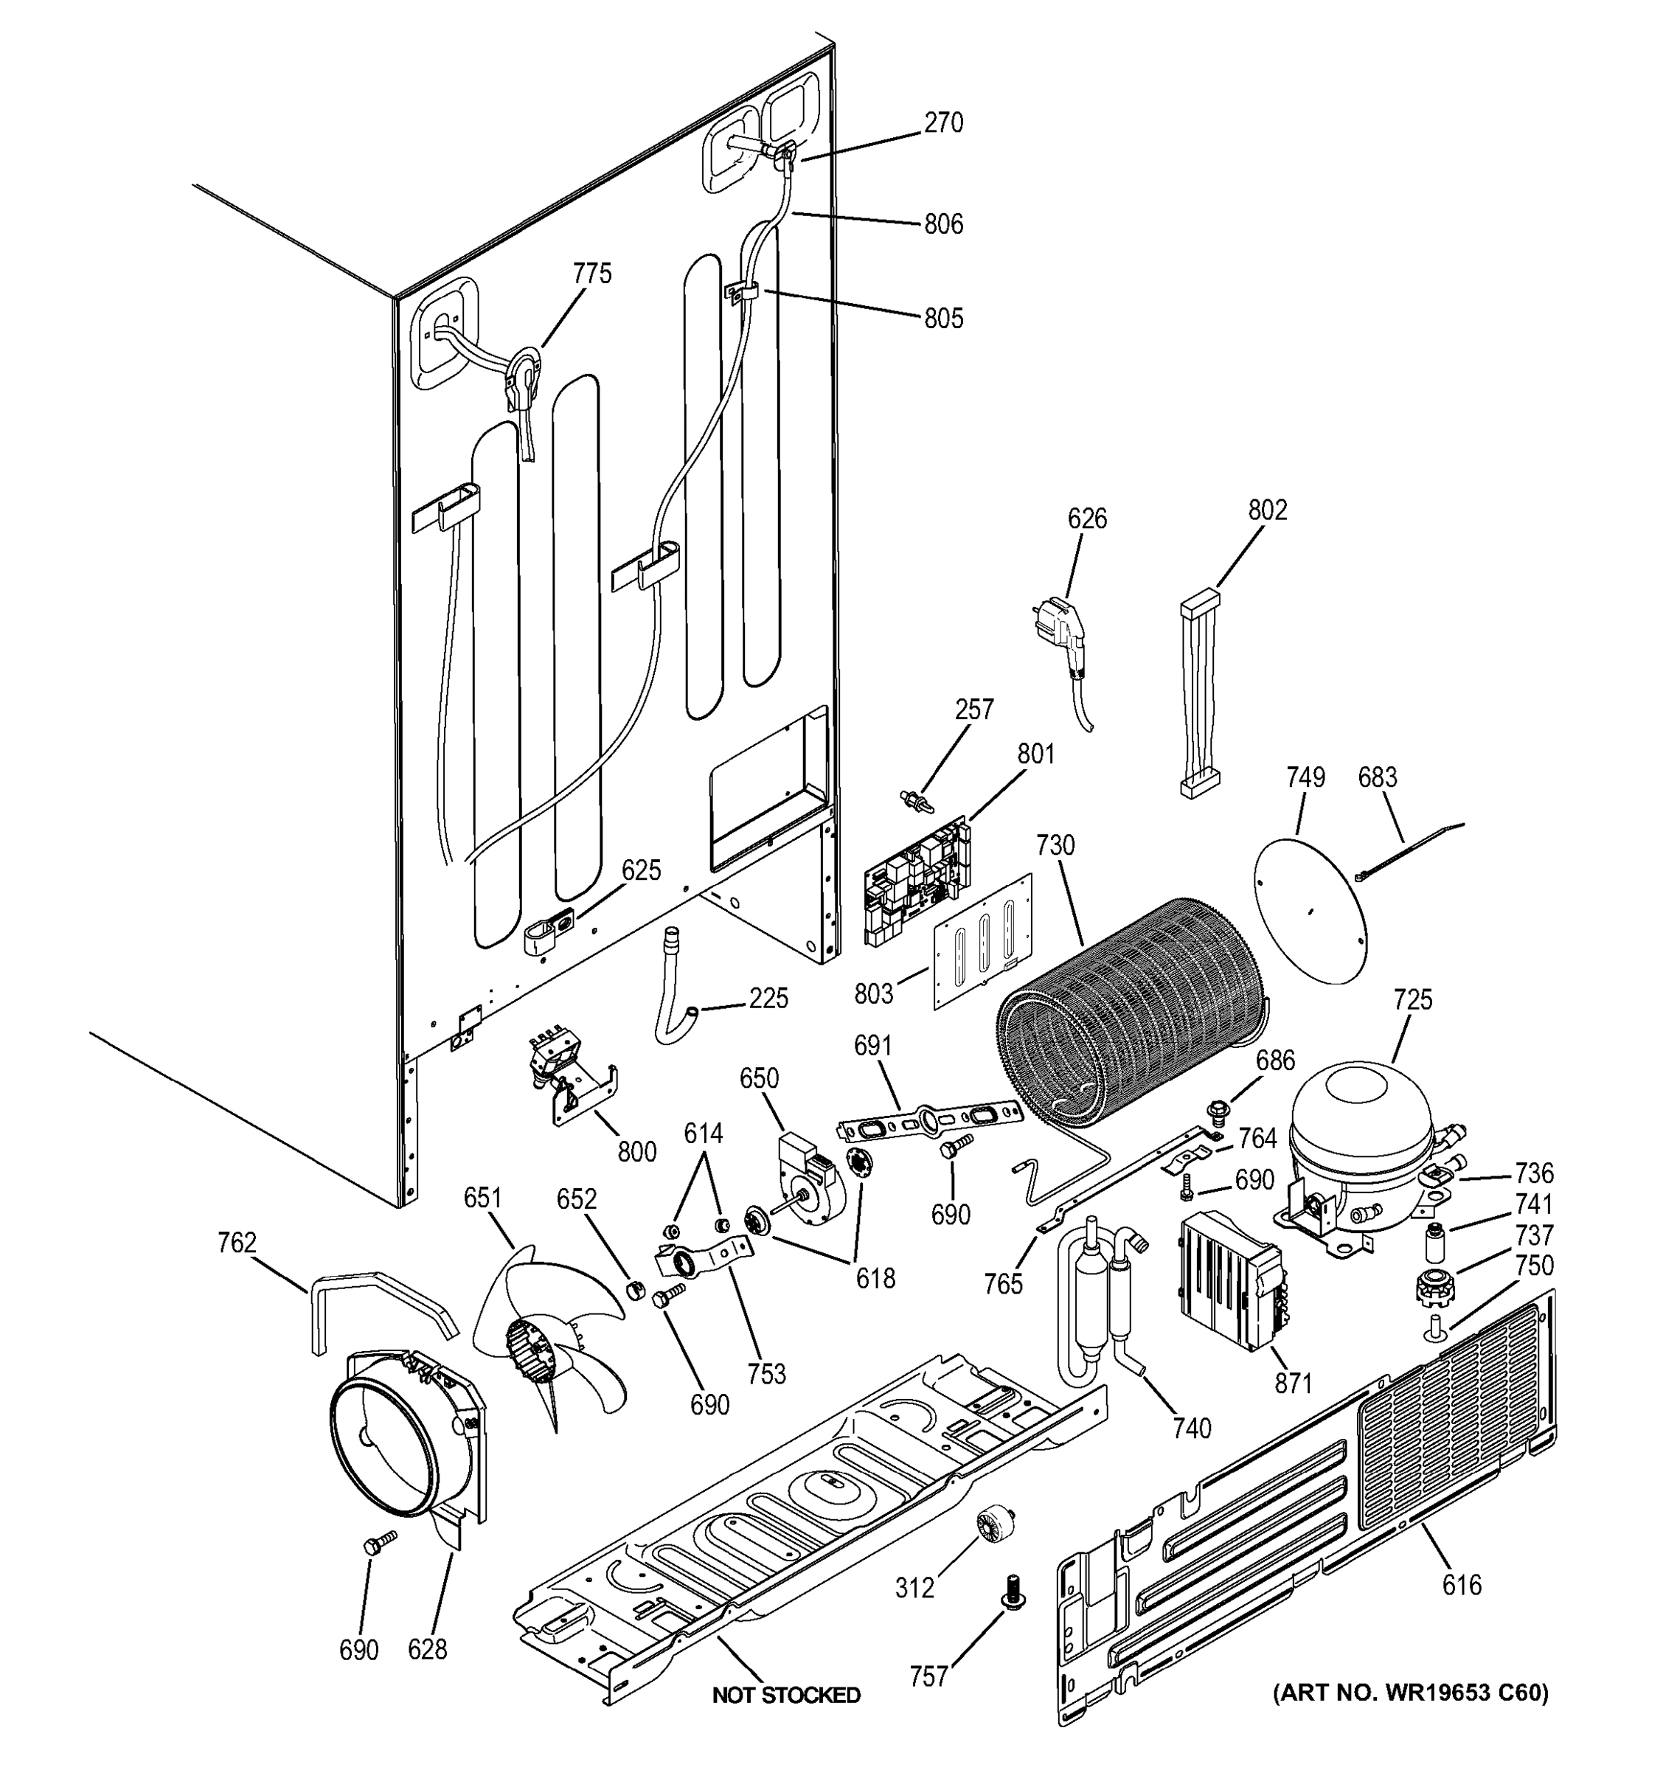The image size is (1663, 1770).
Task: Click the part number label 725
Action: pos(1412,999)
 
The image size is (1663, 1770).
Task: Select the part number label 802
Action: pos(1267,510)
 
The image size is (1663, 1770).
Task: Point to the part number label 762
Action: pos(236,1242)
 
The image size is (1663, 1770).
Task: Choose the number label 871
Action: pos(1293,1383)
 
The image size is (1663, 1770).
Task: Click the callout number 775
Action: pos(592,274)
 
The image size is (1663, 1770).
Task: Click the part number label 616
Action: pos(1462,1584)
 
